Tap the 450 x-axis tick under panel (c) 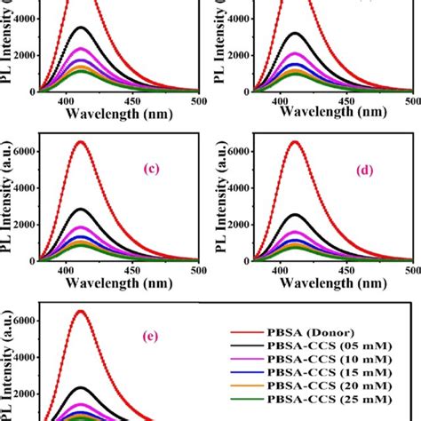tap(131, 270)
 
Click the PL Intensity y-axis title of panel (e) tap(7, 364)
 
